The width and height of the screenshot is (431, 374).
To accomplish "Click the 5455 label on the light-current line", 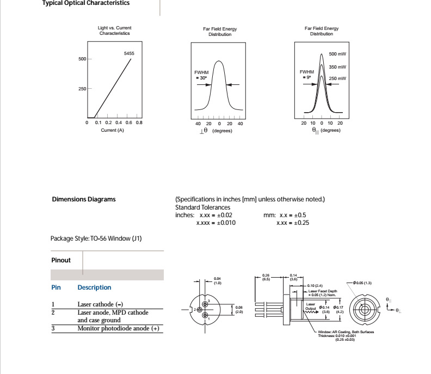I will pyautogui.click(x=130, y=53).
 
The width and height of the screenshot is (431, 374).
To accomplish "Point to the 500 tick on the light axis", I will pyautogui.click(x=82, y=59).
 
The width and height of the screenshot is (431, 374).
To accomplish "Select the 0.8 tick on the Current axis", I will pyautogui.click(x=139, y=123).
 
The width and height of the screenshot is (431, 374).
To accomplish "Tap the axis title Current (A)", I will pyautogui.click(x=113, y=130).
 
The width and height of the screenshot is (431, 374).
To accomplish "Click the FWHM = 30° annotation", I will pyautogui.click(x=201, y=75).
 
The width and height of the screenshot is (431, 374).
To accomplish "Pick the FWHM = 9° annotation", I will pyautogui.click(x=307, y=75).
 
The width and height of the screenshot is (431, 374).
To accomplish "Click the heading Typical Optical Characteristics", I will pyautogui.click(x=86, y=3).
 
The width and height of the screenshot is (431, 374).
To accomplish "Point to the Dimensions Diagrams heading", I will pyautogui.click(x=83, y=199).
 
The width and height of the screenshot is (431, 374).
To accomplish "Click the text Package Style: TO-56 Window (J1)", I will pyautogui.click(x=96, y=238).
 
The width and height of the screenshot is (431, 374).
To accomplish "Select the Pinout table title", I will pyautogui.click(x=61, y=260).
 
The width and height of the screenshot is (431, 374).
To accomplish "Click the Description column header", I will pyautogui.click(x=94, y=287).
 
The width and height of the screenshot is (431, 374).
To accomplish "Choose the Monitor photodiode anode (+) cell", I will pyautogui.click(x=118, y=328).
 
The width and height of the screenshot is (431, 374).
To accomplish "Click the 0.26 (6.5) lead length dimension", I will pyautogui.click(x=266, y=277).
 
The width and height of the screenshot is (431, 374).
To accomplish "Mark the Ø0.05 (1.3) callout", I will pyautogui.click(x=362, y=283).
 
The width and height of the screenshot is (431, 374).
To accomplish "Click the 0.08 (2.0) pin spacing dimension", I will pyautogui.click(x=239, y=310).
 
